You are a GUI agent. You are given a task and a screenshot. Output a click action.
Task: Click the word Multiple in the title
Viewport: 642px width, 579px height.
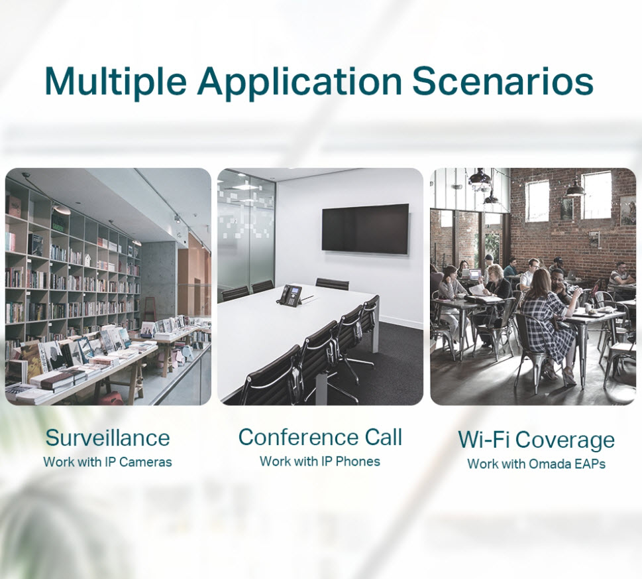pos(115,80)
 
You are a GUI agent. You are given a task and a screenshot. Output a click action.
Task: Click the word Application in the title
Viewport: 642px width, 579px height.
pos(299,80)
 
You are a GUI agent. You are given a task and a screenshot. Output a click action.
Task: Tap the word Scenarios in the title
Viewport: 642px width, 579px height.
pos(503,80)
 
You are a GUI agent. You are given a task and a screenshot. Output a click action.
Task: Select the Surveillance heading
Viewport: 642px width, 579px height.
pos(108,438)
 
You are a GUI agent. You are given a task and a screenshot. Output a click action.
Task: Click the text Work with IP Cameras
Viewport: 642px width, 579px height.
pos(108,462)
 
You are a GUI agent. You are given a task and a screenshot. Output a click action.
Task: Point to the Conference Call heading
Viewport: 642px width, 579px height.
pos(320,437)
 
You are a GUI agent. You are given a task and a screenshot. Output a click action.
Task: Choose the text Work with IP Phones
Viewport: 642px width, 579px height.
pos(320,461)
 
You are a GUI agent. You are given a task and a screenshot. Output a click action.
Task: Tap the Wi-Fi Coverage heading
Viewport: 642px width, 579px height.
pos(537,439)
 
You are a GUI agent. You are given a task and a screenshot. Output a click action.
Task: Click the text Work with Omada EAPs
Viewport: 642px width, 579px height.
pos(537,464)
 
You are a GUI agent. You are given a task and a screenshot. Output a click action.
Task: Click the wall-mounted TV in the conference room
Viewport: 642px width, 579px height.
pos(365,228)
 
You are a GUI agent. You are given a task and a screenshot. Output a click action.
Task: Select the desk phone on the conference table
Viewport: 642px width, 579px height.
pos(290,295)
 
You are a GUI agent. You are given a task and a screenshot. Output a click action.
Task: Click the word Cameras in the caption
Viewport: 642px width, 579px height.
pos(145,462)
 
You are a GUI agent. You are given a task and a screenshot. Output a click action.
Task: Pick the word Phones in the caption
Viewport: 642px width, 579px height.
pos(358,461)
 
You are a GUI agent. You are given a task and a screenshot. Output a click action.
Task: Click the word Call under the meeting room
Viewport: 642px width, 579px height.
pos(384,437)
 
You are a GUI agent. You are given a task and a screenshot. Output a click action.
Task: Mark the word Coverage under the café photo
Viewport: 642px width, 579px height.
pos(564,440)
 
